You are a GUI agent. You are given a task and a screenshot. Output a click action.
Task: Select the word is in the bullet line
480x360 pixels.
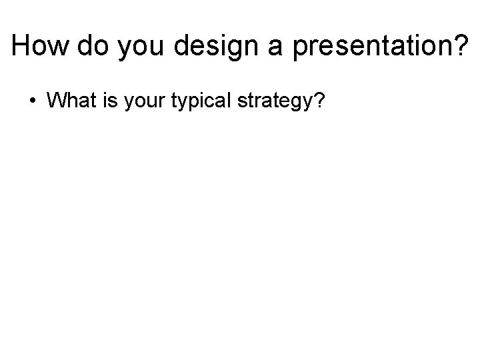pyautogui.click(x=109, y=101)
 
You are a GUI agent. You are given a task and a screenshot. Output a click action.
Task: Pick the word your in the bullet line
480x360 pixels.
pyautogui.click(x=143, y=102)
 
